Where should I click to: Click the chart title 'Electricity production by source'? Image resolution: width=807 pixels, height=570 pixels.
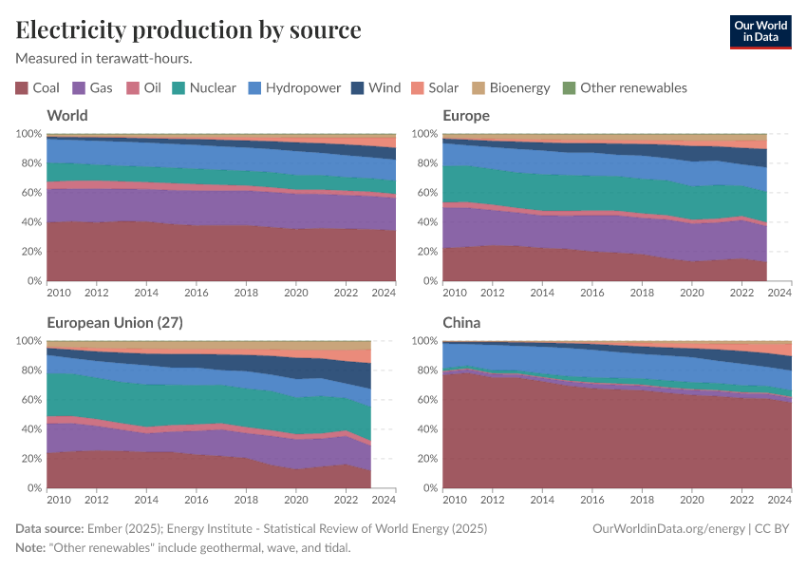(x=188, y=29)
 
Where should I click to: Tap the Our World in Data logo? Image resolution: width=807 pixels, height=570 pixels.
(x=760, y=30)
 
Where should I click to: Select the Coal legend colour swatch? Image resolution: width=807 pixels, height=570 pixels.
(x=22, y=88)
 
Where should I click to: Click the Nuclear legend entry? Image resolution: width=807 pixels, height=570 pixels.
(x=203, y=88)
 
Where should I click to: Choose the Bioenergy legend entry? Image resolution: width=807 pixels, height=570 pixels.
(x=511, y=88)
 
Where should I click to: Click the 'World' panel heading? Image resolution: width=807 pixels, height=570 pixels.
(x=66, y=115)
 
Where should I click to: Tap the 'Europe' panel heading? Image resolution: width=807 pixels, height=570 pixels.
(x=466, y=115)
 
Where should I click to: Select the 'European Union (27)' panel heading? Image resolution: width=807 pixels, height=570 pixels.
(x=114, y=322)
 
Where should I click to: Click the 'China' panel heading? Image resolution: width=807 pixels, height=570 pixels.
(x=461, y=322)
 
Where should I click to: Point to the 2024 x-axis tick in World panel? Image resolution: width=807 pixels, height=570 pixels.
(x=384, y=292)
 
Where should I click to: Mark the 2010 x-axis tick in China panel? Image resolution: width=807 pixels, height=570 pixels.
(x=455, y=499)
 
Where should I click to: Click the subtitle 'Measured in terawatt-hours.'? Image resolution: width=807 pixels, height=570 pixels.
(x=104, y=58)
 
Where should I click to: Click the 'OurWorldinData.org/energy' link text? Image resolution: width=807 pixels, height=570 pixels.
(x=667, y=528)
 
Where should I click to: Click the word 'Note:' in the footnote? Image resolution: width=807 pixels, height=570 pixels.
(x=33, y=548)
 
